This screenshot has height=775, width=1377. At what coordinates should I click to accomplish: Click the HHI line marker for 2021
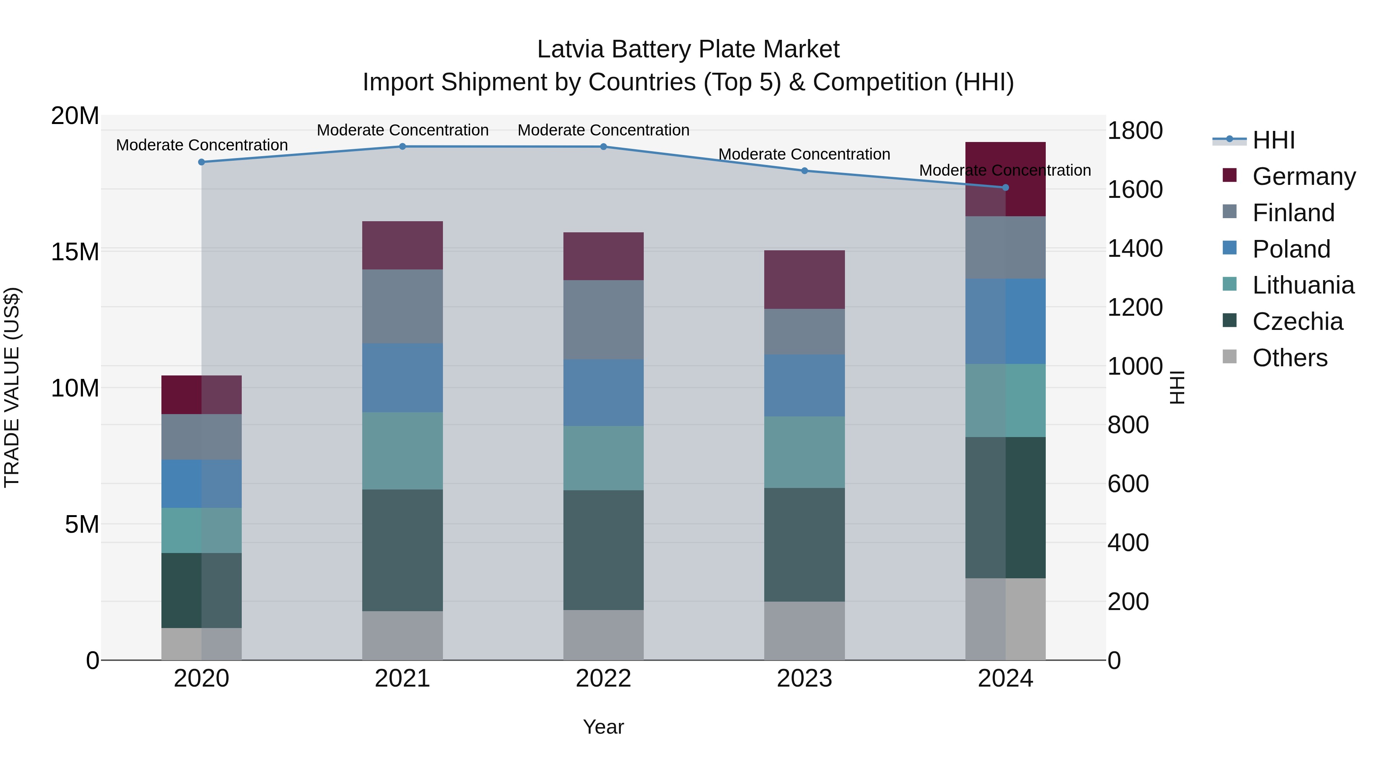(402, 147)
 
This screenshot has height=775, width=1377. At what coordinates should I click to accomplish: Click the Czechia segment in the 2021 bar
(402, 550)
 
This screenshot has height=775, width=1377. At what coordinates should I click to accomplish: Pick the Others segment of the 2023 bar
(804, 631)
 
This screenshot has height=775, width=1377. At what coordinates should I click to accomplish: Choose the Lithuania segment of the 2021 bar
(402, 450)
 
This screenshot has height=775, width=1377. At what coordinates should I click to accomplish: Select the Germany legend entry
(1303, 176)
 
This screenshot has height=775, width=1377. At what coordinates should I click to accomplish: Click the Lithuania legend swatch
(1229, 284)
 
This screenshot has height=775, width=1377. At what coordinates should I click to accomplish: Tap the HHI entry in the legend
(1273, 140)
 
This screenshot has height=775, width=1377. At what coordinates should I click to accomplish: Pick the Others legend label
(1289, 358)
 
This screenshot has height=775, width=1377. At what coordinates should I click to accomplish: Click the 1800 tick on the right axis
(1135, 131)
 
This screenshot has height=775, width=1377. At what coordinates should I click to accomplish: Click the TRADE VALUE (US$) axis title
(12, 387)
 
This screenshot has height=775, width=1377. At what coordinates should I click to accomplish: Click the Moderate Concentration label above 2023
(804, 154)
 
